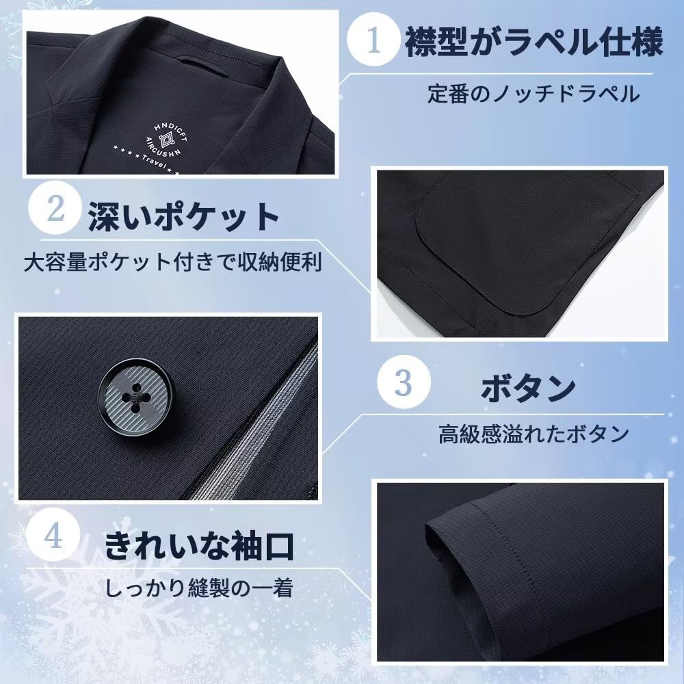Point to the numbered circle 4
(57, 537)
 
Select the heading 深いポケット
(183, 217)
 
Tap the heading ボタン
(526, 389)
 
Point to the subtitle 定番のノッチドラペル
(535, 93)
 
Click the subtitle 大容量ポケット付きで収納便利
(172, 261)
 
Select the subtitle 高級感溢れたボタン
(534, 433)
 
